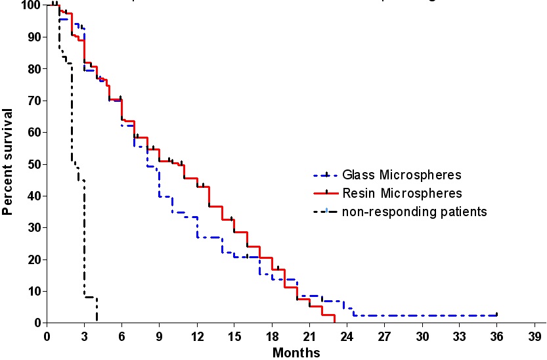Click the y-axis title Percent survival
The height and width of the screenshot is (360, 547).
(9, 163)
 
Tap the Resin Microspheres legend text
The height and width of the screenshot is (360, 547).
(401, 193)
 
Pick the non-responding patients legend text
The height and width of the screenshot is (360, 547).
(414, 212)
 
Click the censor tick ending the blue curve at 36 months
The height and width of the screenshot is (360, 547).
(497, 315)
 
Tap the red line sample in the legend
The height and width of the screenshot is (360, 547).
(326, 193)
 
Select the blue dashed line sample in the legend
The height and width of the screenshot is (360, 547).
(326, 175)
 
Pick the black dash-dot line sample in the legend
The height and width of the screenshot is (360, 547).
(326, 212)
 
